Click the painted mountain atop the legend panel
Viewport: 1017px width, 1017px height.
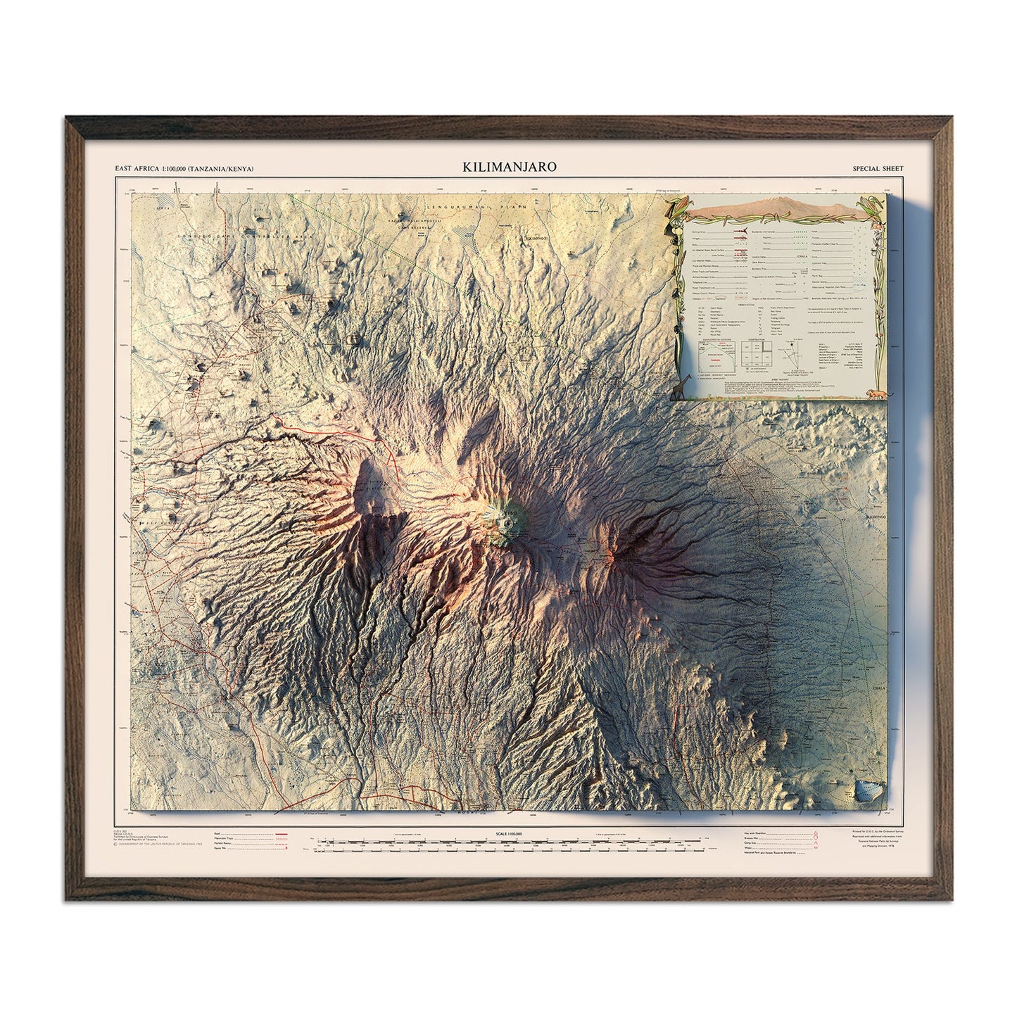click(x=774, y=206)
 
